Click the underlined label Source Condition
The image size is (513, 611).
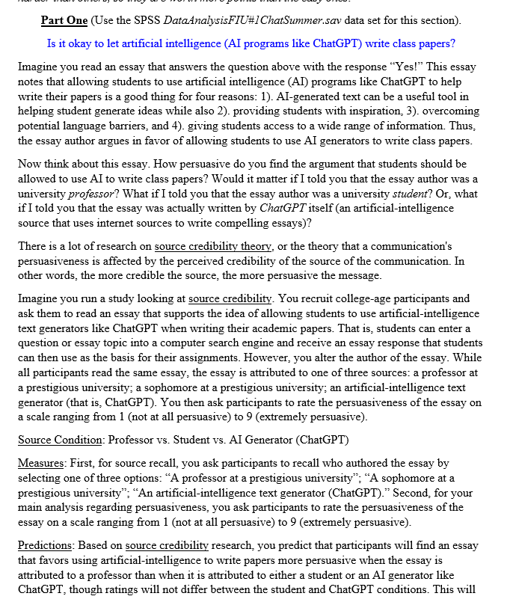tap(60, 439)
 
